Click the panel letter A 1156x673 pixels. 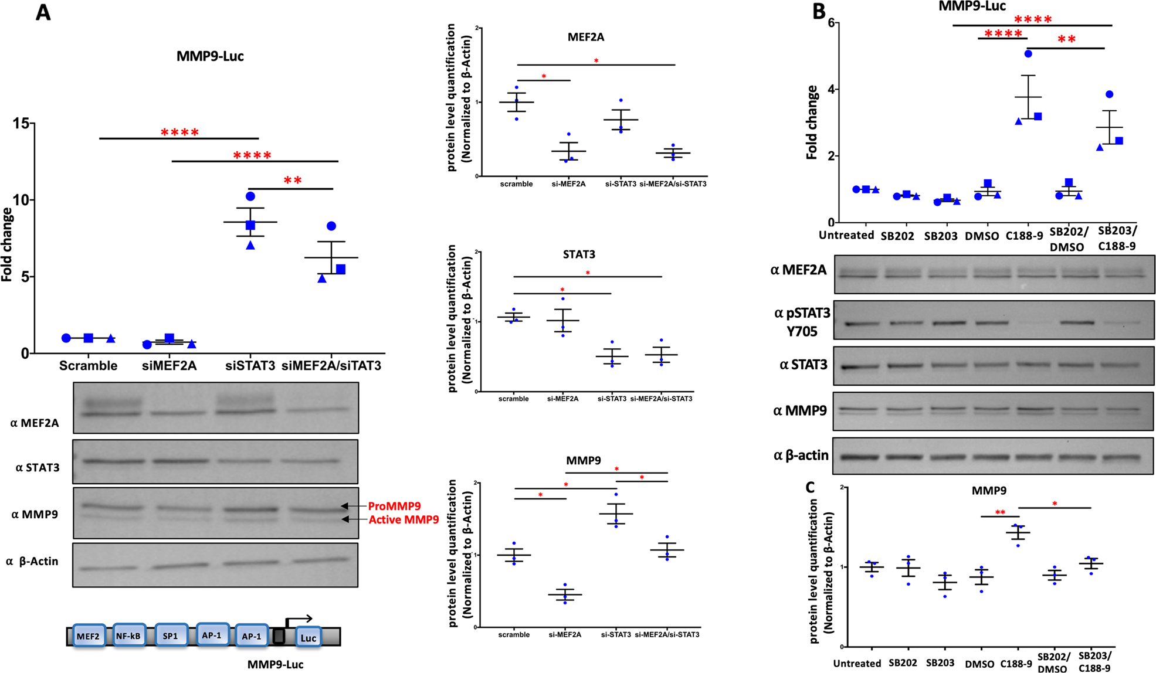tap(43, 12)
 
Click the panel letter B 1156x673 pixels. tap(819, 12)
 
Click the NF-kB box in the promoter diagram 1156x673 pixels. tap(129, 635)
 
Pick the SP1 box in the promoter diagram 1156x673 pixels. tap(170, 635)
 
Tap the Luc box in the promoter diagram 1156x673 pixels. tap(308, 638)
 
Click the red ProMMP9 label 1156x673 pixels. tap(394, 506)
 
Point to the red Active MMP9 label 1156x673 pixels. tap(404, 519)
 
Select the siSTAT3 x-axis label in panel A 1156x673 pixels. tap(250, 366)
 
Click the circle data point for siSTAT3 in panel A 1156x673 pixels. tap(250, 196)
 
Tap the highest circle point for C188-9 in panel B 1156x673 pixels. tap(1028, 54)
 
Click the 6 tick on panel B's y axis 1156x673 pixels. tap(830, 23)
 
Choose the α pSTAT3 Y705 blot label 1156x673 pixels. tap(802, 322)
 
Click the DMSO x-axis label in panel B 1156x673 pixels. tap(982, 236)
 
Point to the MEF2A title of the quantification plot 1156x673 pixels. tap(586, 37)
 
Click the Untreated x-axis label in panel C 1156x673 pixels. tap(857, 663)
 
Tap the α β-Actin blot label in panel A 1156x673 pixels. tap(32, 561)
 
